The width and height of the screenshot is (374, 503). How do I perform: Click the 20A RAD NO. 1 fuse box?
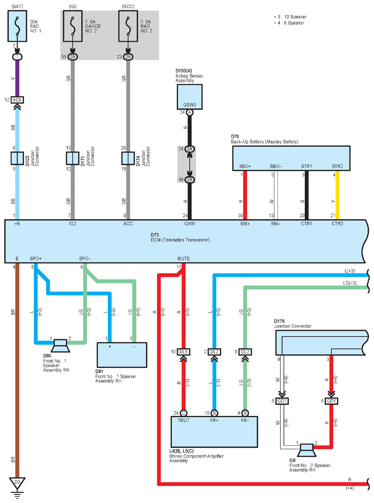[18, 26]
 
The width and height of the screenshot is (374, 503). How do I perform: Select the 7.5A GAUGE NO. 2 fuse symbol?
[73, 26]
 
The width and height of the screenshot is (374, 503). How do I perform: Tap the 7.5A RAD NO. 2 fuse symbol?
[128, 26]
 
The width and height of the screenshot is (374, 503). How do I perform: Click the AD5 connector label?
[18, 100]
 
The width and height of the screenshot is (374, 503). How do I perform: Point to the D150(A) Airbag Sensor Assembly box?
[190, 97]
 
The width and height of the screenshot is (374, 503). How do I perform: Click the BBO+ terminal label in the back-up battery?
[245, 166]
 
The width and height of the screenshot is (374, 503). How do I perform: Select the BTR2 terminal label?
[338, 166]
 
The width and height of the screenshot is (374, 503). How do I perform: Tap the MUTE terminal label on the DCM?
[183, 258]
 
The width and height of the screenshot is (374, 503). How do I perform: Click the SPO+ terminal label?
[36, 258]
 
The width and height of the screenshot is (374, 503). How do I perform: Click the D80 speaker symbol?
[60, 346]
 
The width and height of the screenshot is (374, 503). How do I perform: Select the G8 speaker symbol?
[307, 450]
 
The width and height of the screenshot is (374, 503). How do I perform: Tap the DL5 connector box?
[183, 352]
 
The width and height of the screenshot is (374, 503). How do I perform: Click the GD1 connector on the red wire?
[331, 401]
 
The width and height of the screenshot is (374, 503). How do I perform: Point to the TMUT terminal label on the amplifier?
[183, 420]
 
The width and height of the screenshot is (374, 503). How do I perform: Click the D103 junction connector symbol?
[18, 158]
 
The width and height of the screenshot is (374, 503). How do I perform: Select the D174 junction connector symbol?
[128, 158]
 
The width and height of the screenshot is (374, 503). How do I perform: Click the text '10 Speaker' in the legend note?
[295, 17]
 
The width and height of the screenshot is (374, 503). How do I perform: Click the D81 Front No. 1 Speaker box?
[122, 355]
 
